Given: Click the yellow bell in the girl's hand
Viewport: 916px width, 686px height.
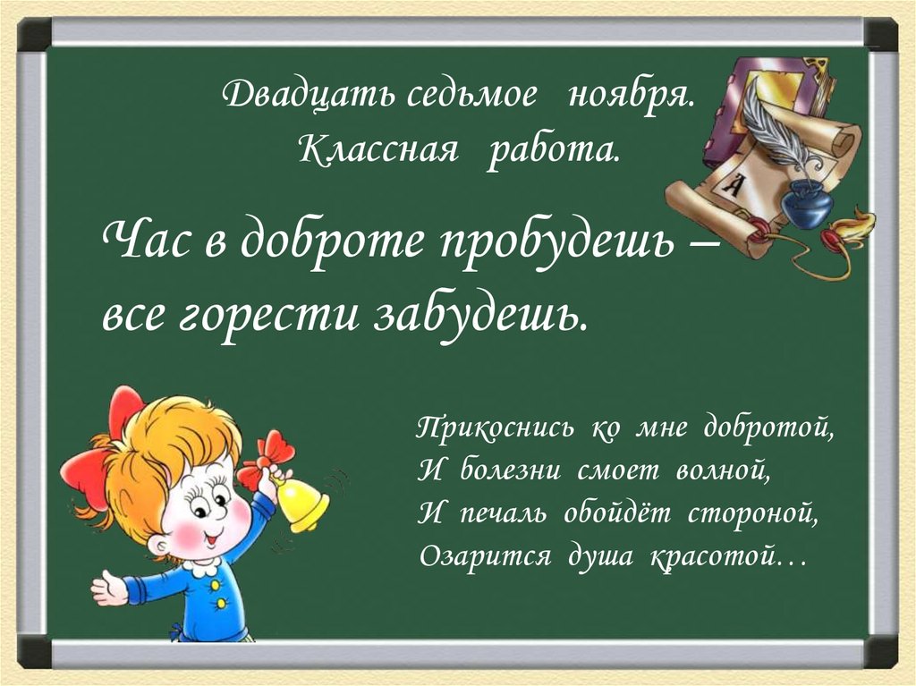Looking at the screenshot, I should pyautogui.click(x=301, y=504).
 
